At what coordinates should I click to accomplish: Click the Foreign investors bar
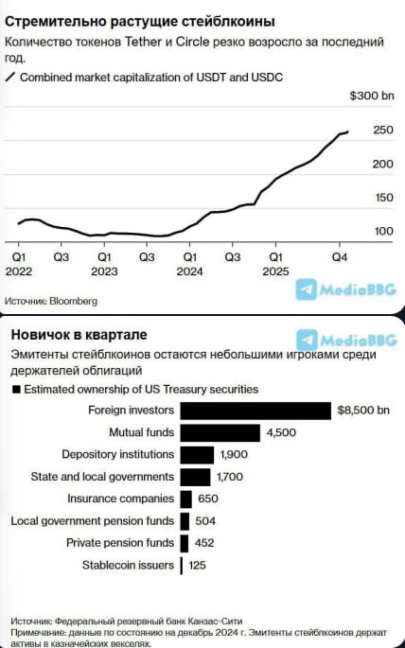(x=255, y=411)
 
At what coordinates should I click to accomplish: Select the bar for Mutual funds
(x=220, y=432)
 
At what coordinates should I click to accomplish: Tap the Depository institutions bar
(x=196, y=455)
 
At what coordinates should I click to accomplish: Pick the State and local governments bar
(x=195, y=477)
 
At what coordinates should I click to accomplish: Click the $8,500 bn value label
(x=364, y=411)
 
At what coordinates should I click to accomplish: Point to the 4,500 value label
(x=281, y=433)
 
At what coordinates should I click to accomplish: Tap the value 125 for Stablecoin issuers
(x=197, y=566)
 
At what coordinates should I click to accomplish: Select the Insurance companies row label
(x=120, y=499)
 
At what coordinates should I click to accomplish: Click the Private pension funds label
(x=120, y=543)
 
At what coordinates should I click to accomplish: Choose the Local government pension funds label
(x=93, y=521)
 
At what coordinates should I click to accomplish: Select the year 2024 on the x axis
(x=189, y=271)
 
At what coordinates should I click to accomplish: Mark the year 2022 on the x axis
(x=19, y=271)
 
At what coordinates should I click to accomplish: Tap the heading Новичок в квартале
(x=79, y=336)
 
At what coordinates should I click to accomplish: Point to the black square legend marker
(x=15, y=389)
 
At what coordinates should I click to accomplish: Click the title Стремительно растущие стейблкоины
(x=140, y=21)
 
